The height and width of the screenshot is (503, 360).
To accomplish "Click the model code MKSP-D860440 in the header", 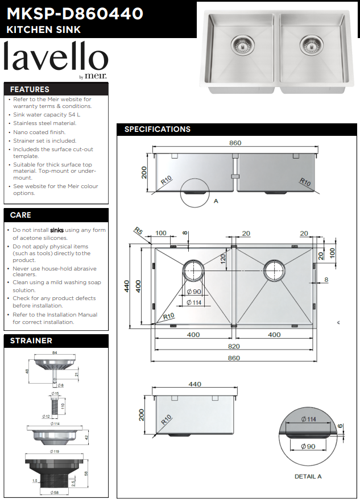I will (x=75, y=13).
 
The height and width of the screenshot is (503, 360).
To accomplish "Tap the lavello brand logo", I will (x=56, y=59).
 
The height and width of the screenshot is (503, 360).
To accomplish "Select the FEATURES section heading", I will (x=30, y=89).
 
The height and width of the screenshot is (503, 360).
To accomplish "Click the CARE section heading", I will (x=20, y=215).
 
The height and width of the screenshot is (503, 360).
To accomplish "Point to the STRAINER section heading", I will (x=31, y=341).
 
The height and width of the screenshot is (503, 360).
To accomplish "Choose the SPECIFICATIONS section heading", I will (x=158, y=129).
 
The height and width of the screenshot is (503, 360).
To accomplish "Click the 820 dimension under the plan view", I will (x=234, y=346).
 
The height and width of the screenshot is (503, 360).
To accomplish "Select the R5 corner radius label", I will (x=138, y=231).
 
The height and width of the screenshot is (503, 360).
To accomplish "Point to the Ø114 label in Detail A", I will (x=309, y=419).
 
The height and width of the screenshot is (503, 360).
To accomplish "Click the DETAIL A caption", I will (x=308, y=476).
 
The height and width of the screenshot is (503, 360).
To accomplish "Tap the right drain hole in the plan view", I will (x=275, y=271).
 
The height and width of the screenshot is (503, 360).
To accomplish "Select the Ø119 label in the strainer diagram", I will (x=55, y=451).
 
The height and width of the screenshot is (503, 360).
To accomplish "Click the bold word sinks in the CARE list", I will (x=57, y=230).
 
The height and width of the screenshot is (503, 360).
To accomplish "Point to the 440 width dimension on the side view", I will (x=195, y=384).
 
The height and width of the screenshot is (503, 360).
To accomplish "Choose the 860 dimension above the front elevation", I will (x=235, y=143).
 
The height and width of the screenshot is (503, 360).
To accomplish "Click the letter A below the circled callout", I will (x=216, y=201).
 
